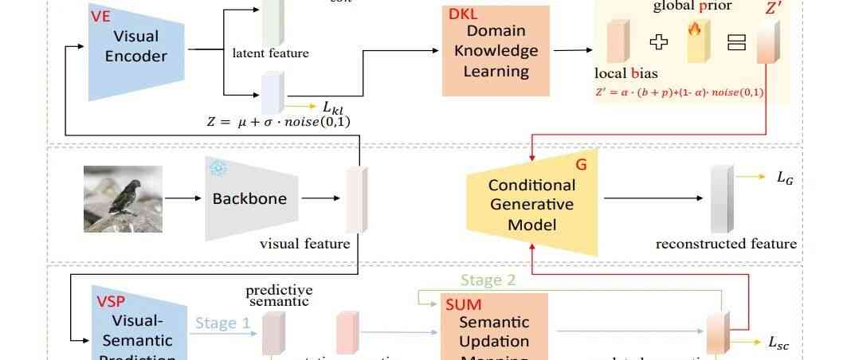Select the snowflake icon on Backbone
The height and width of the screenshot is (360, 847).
[217, 167]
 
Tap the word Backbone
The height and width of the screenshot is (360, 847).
[249, 198]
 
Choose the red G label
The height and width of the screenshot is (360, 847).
[580, 165]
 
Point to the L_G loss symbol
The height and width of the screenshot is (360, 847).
[785, 179]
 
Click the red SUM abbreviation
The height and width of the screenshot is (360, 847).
[463, 303]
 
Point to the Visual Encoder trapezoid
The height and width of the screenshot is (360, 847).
[136, 52]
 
